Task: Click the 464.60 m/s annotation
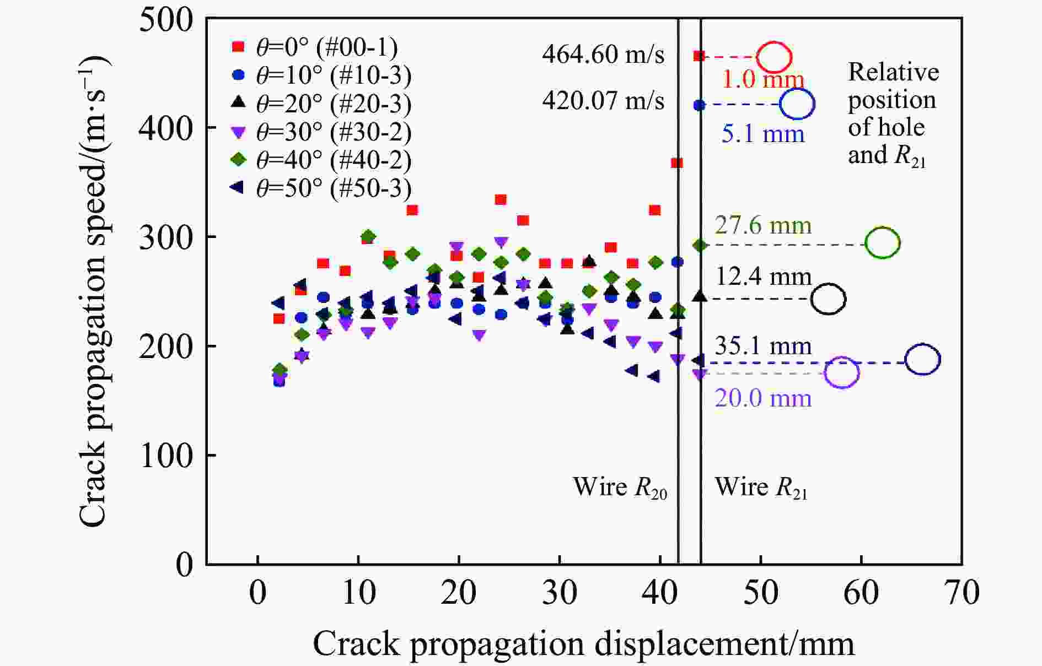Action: tap(603, 55)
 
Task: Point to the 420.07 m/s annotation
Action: tap(603, 101)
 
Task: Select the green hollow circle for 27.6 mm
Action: tap(883, 243)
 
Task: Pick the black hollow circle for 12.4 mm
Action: tap(828, 299)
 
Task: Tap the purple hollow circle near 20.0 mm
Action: tap(842, 373)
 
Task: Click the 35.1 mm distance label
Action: tap(763, 346)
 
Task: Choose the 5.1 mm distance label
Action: tap(763, 134)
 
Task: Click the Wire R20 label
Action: tap(620, 487)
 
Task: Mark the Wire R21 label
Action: tap(761, 487)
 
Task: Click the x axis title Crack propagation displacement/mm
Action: tap(583, 643)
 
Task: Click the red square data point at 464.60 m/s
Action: tap(699, 56)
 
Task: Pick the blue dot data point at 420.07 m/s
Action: tap(699, 105)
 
